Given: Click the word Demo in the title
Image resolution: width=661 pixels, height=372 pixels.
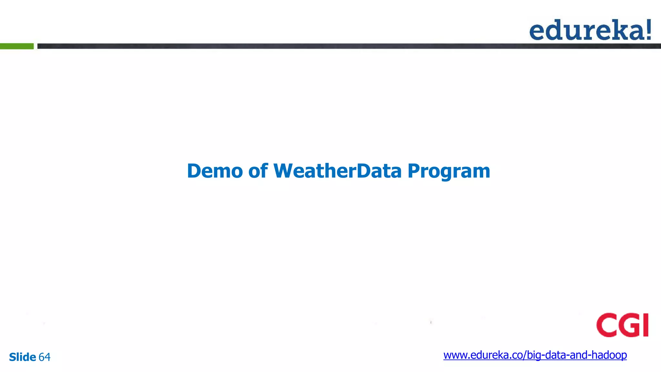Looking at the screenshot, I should click(215, 171).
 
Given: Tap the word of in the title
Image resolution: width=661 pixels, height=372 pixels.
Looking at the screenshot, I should click(258, 171).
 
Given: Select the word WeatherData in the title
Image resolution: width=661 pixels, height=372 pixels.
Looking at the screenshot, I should click(338, 171).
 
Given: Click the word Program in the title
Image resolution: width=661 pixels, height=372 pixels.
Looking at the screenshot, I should click(449, 171).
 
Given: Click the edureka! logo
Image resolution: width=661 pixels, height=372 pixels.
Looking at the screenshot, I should click(590, 30).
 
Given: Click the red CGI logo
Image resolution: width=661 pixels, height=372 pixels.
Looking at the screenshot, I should click(622, 325).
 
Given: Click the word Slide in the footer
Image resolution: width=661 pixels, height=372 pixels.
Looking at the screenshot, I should click(22, 357).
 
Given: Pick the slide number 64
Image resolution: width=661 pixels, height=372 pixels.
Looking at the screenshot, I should click(45, 357).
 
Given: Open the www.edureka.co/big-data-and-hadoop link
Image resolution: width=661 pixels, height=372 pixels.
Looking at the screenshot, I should click(535, 355).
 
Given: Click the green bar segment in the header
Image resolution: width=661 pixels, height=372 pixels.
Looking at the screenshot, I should click(17, 46).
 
